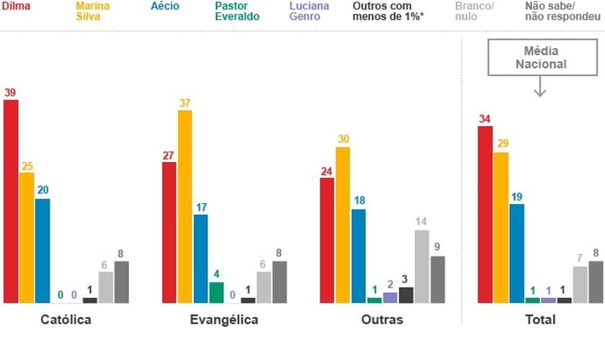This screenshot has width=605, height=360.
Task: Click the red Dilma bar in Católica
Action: pyautogui.click(x=11, y=202)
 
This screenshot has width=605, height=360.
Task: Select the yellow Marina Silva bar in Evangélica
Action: pyautogui.click(x=184, y=207)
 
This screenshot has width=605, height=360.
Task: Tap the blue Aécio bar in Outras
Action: pyautogui.click(x=358, y=256)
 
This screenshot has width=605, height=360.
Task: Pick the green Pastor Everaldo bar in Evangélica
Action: pyautogui.click(x=216, y=292)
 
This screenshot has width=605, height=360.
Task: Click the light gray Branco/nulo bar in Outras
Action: pyautogui.click(x=421, y=266)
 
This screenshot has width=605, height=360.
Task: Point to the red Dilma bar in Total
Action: pyautogui.click(x=485, y=215)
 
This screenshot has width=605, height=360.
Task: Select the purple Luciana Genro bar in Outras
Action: pyautogui.click(x=390, y=297)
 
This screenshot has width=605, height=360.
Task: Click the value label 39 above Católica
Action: pyautogui.click(x=10, y=92)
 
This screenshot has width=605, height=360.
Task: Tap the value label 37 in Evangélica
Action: pyautogui.click(x=184, y=103)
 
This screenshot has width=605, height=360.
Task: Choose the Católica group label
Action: pyautogui.click(x=66, y=319)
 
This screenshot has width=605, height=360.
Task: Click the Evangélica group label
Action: pyautogui.click(x=224, y=319)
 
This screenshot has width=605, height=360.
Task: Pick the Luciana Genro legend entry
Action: pyautogui.click(x=309, y=12)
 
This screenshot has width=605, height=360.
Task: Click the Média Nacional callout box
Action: pyautogui.click(x=540, y=58)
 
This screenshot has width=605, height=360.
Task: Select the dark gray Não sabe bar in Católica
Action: pyautogui.click(x=122, y=282)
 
